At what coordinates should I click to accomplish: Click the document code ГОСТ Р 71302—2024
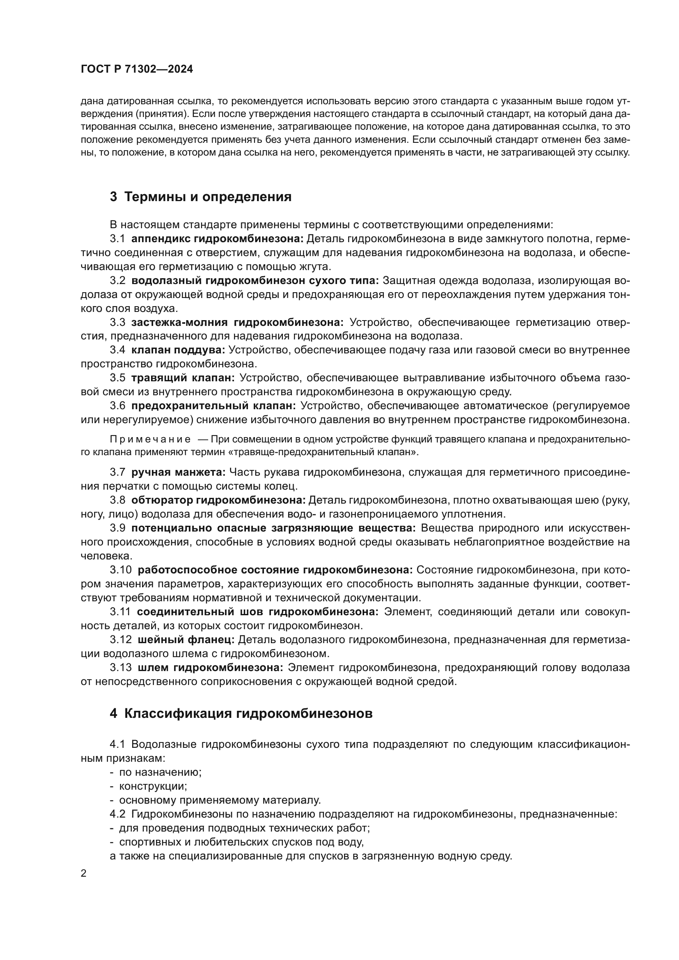(137, 69)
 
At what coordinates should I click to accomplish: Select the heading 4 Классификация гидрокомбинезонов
(241, 714)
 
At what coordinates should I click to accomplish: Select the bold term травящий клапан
(183, 378)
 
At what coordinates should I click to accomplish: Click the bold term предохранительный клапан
(213, 406)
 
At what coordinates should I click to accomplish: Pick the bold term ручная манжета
(178, 472)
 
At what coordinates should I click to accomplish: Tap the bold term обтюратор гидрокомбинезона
(218, 500)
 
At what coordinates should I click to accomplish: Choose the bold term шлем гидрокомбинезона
(210, 668)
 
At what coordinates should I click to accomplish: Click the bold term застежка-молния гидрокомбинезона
(237, 322)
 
